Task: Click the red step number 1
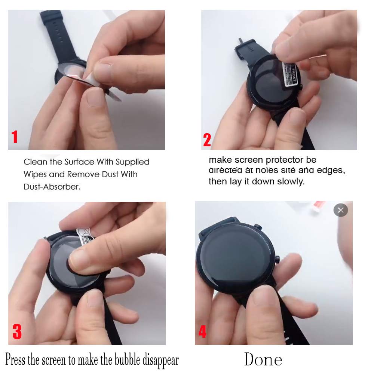pos(15,137)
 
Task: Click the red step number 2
pos(207,140)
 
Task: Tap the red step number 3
pos(17,331)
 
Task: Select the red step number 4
pos(202,331)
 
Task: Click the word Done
pos(263,360)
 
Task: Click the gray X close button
pos(340,210)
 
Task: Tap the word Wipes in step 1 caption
pos(33,174)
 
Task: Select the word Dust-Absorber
pos(52,187)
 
